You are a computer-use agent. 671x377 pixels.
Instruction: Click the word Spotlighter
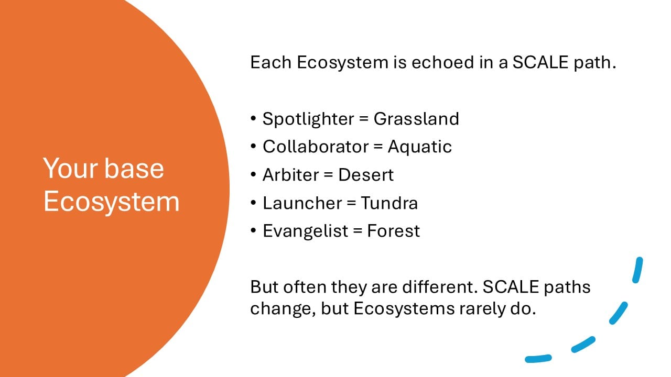coord(309,119)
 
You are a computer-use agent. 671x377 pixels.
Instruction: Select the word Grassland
coord(416,119)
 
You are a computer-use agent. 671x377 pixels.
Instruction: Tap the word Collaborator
coord(316,147)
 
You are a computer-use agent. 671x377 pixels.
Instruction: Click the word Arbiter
coord(290,175)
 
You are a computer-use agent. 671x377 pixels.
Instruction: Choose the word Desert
coord(366,175)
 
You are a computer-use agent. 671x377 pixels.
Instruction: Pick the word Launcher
coord(302,203)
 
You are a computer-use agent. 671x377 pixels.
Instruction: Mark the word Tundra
coord(389,203)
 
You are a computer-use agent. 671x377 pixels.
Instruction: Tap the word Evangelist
coord(306,231)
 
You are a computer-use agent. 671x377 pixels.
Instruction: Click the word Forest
coord(393,231)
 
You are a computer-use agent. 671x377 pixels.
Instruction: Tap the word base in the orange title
coord(134,169)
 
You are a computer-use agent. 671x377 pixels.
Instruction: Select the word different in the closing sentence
coord(440,286)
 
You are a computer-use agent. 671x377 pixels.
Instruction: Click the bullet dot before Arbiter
coord(253,174)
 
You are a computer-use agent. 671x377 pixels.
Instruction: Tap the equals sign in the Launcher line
coord(351,203)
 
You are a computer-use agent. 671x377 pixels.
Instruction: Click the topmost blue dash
coord(638,270)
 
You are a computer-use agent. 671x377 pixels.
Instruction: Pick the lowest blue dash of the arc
coord(538,359)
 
